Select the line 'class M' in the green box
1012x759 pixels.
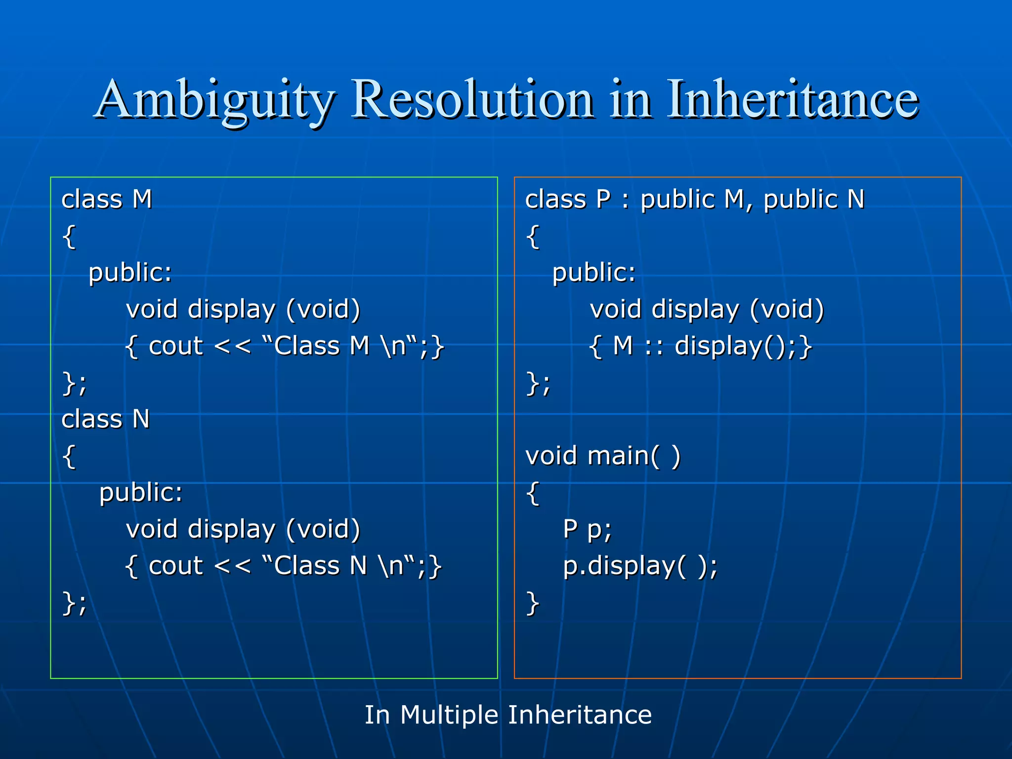[x=107, y=200]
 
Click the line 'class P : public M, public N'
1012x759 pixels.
[x=694, y=200]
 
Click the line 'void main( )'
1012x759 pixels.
[x=603, y=456]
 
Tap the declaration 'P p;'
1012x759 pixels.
[x=587, y=529]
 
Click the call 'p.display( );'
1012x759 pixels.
[x=640, y=566]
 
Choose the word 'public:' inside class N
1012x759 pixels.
[x=141, y=493]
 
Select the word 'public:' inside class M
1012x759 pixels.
[x=130, y=273]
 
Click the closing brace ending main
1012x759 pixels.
[x=532, y=603]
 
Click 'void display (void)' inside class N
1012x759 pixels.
[x=243, y=529]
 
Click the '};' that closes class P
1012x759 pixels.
[x=538, y=383]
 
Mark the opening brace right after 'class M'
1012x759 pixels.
[x=69, y=237]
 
